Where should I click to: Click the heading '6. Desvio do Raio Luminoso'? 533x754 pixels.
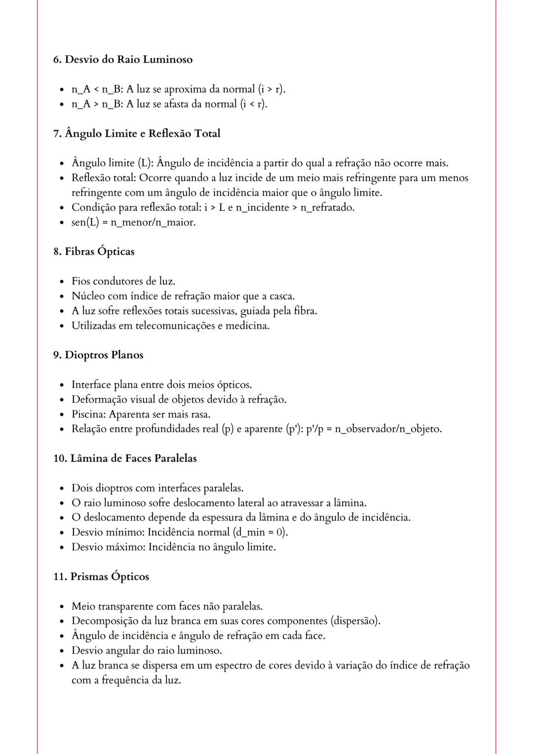123,60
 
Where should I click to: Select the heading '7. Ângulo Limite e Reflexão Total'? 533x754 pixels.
137,134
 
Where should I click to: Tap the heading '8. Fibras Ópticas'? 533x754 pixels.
94,252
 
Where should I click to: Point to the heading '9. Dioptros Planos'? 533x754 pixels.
98,355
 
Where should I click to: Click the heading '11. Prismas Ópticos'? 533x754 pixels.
101,577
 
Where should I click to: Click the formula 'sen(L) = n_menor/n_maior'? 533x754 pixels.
133,223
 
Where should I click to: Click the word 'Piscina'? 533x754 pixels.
88,414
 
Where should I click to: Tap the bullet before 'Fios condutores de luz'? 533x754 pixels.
62,282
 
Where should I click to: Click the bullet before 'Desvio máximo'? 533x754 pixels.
62,547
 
